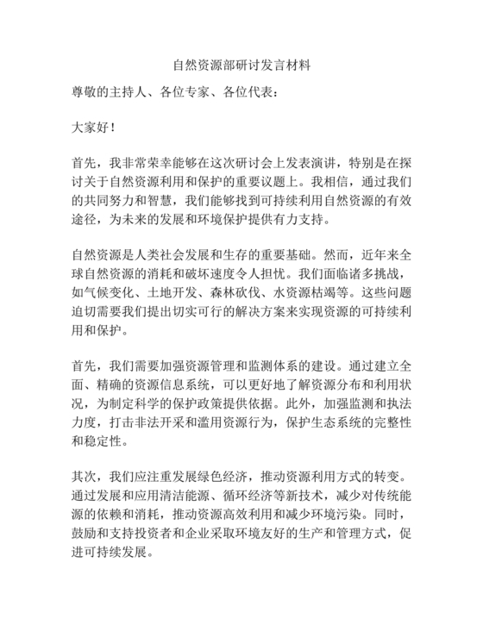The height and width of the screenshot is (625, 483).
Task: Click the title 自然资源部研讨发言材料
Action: click(241, 65)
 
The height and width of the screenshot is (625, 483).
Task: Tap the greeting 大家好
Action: click(90, 127)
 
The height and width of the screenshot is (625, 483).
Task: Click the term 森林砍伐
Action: click(227, 291)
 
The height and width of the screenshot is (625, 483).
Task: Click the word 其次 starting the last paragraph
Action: click(84, 477)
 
